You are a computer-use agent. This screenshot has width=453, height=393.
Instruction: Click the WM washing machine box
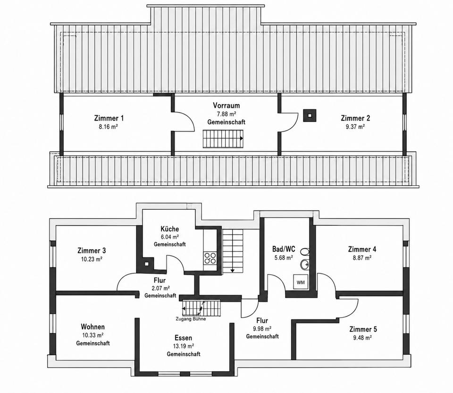click(x=301, y=282)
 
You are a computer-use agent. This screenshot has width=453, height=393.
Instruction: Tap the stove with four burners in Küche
click(x=210, y=258)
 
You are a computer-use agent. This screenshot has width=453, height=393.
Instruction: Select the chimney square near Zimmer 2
click(x=310, y=115)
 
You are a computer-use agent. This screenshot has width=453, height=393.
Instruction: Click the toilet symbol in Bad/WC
click(x=304, y=252)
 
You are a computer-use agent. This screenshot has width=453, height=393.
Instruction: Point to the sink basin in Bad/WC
click(x=304, y=264)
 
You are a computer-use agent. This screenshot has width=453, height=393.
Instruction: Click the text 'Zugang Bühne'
click(x=191, y=319)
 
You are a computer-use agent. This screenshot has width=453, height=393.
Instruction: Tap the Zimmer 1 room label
click(x=109, y=118)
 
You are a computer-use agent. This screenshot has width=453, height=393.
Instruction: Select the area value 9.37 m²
click(x=355, y=126)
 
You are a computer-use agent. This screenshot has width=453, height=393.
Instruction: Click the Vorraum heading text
click(x=226, y=106)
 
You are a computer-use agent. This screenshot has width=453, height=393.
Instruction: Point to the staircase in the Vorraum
click(x=223, y=139)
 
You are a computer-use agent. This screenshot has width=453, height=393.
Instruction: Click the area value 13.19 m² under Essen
click(x=184, y=346)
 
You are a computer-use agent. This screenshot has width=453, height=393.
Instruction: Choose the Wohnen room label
click(x=93, y=327)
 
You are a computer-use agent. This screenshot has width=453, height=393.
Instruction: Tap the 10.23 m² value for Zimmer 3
click(x=92, y=259)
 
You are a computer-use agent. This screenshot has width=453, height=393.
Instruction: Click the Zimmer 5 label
click(x=363, y=329)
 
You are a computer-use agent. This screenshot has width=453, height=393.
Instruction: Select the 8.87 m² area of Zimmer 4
click(x=362, y=258)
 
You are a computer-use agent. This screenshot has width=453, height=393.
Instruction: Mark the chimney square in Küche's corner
click(x=147, y=263)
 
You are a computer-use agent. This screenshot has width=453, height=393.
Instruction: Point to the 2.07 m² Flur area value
click(x=160, y=288)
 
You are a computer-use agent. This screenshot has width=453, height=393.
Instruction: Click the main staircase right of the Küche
click(x=233, y=249)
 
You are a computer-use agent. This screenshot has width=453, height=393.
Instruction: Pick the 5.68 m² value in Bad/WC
click(x=284, y=258)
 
